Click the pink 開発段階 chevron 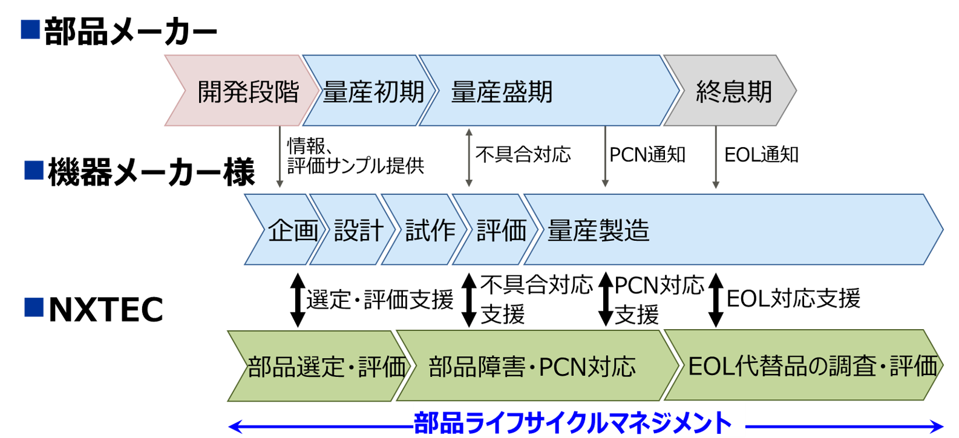click(x=242, y=91)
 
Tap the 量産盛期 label click(x=502, y=92)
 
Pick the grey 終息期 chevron click(x=732, y=91)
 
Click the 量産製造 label click(x=598, y=230)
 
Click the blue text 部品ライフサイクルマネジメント click(x=572, y=422)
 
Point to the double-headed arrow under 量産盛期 click(x=468, y=157)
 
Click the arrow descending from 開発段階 click(x=280, y=157)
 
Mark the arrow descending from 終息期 click(x=715, y=157)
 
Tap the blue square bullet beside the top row click(x=30, y=30)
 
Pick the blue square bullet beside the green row click(x=34, y=307)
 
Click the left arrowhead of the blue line click(x=233, y=427)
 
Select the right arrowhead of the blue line click(x=939, y=427)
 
